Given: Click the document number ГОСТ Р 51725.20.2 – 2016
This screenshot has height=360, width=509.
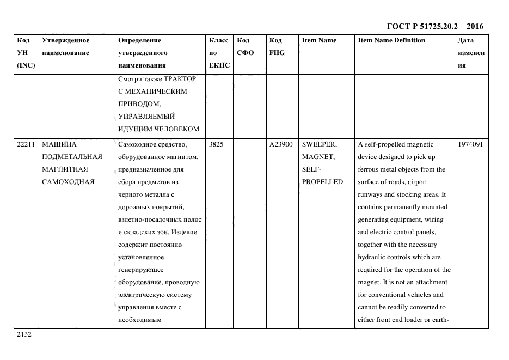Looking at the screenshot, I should coord(434,26).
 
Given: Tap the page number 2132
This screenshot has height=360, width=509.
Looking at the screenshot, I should coord(24,334).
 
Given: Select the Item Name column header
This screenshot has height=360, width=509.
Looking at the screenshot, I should coord(319,40).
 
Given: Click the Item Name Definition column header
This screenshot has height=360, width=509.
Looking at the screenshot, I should coord(391,40).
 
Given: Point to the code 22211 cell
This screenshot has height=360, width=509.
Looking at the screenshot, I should coord(25,144).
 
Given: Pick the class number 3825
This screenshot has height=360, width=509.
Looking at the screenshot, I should coord(216,144).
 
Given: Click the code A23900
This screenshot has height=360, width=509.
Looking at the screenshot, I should coord(281,144).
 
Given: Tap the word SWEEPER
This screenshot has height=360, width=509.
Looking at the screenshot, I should coord(320,144).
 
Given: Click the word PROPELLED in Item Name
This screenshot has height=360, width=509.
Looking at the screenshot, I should coord(322,182).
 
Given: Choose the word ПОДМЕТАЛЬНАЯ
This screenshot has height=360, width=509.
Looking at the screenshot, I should coord(72,157).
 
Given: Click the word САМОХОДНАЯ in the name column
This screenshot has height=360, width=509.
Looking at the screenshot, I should coord(68,182).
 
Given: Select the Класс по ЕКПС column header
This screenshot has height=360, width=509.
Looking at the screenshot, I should coord(219,53).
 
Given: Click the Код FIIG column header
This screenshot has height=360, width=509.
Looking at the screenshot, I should coord(277,46).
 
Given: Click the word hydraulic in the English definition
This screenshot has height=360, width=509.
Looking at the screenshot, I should coord(372,257).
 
